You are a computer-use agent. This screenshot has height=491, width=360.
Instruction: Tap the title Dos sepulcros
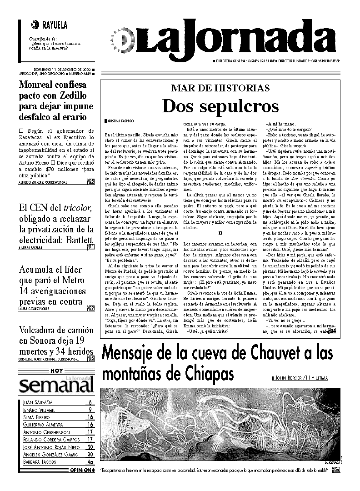[x=220, y=106]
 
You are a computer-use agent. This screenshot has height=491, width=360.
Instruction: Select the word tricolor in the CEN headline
[x=77, y=208]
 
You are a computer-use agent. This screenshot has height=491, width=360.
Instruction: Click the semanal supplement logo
[x=56, y=385]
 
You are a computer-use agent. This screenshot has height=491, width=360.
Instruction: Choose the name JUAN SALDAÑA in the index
[x=38, y=402]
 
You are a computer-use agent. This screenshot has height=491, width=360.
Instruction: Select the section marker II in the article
[x=220, y=232]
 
